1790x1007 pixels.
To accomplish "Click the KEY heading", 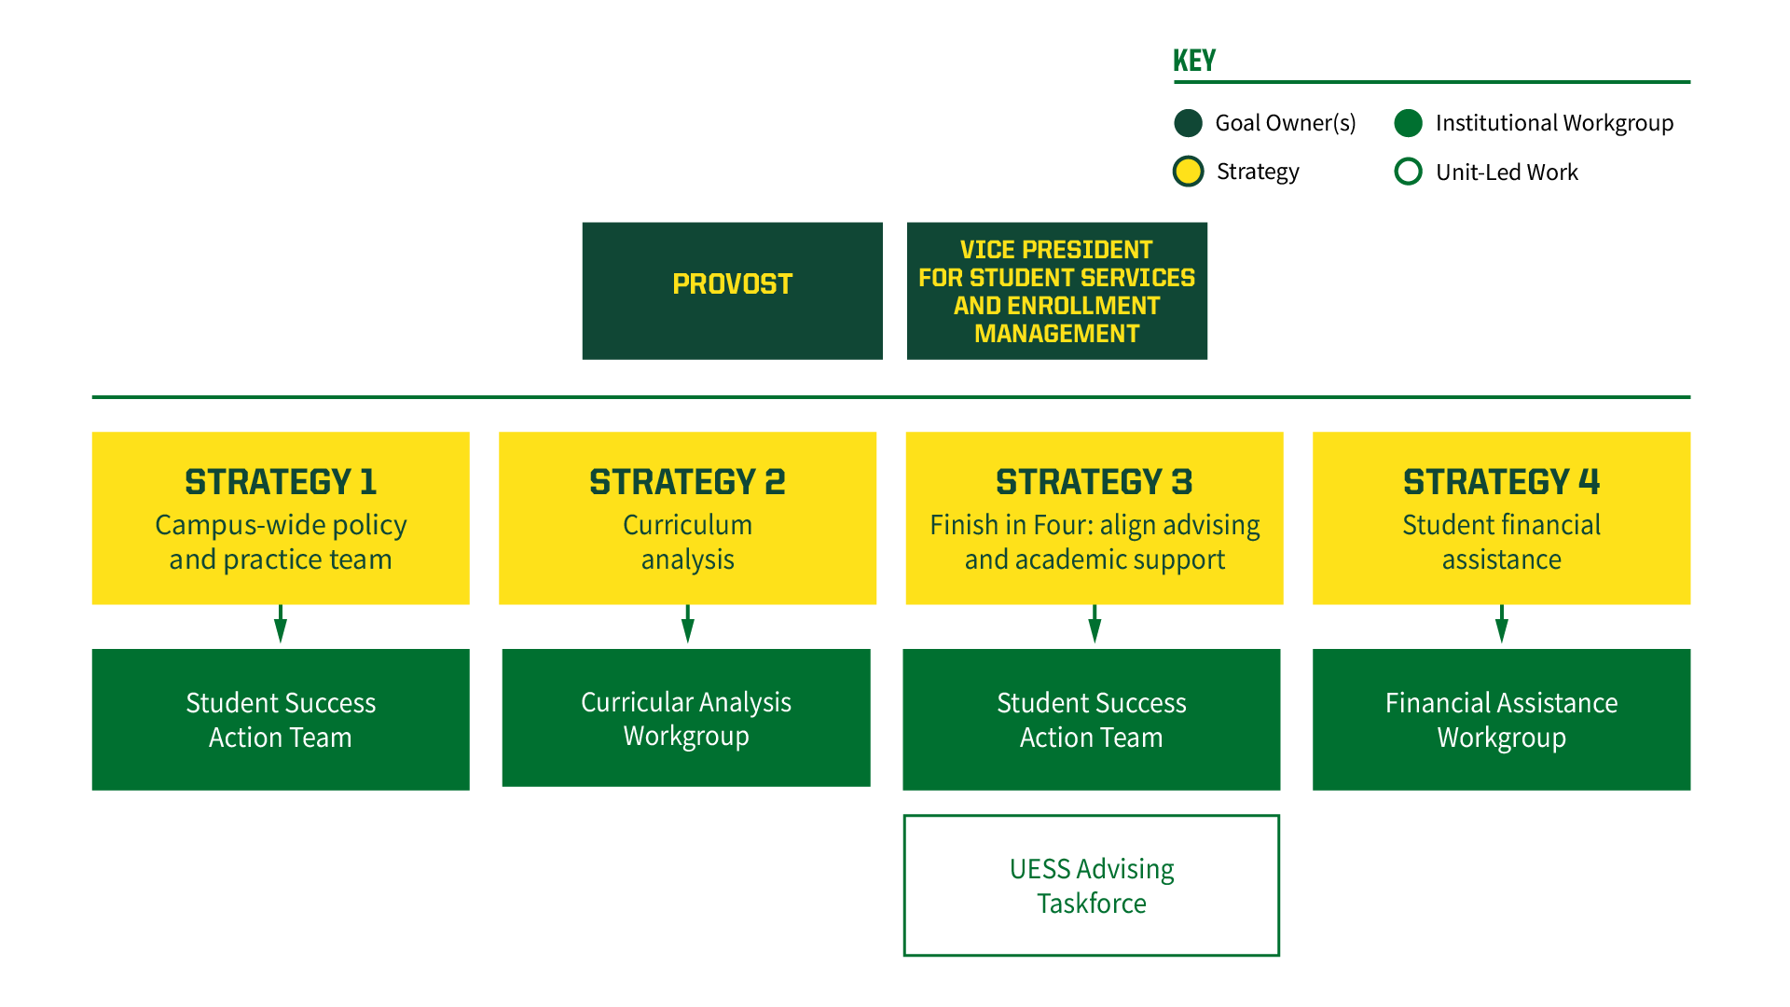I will click(1194, 61).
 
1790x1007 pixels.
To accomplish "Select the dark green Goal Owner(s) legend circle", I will click(1188, 123).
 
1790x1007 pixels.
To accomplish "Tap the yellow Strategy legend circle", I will click(1188, 172).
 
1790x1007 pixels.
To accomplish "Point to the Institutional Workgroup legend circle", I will click(1408, 123).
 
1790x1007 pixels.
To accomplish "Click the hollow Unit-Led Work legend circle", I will click(1408, 172).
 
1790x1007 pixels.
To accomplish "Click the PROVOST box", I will click(732, 290).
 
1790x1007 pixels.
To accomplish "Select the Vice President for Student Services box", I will click(1056, 290).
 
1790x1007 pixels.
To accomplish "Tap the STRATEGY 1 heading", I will click(281, 482).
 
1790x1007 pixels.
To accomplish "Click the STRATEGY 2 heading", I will click(687, 482).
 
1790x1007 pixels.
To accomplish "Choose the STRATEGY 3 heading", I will click(1094, 482).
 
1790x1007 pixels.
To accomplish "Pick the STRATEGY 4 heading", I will click(1501, 482).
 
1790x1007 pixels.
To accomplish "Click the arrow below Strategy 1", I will click(281, 625).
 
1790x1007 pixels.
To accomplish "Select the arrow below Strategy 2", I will click(688, 625).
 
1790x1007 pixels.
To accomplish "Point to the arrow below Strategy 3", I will click(1095, 625).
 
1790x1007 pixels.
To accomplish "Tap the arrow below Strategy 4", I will click(1501, 625).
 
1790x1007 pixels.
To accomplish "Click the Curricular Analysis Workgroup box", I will click(686, 718).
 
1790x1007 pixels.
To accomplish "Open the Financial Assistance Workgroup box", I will click(1501, 719).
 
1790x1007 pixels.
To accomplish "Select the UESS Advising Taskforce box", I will click(1091, 885).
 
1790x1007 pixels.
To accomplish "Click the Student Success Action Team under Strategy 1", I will click(281, 719).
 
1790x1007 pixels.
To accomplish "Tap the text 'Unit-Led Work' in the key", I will click(1507, 172).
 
